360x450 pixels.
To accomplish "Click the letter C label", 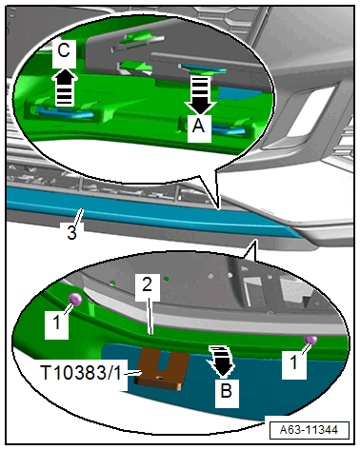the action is coord(64,50).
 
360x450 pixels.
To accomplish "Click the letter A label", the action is coord(199,127).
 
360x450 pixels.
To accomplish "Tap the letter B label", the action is coord(227,391).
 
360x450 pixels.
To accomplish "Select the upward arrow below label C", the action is coord(65,87).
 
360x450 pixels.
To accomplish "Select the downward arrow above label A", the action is coord(200,94).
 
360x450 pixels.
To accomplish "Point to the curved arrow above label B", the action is coord(222,362).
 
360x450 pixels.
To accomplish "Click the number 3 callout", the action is coord(72,232).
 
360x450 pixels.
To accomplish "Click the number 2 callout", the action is coord(148,284).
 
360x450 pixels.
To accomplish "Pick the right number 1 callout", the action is coord(294,362).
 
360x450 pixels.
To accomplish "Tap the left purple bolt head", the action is coord(76,300).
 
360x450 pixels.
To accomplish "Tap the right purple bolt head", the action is coord(310,340).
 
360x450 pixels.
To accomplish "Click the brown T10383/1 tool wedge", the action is coord(162,368).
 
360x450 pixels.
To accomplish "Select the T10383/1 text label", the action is coord(81,372).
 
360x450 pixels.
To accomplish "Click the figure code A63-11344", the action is coord(309,430).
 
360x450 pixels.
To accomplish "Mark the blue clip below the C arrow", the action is coord(66,112).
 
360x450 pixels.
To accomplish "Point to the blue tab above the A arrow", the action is coord(203,68).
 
